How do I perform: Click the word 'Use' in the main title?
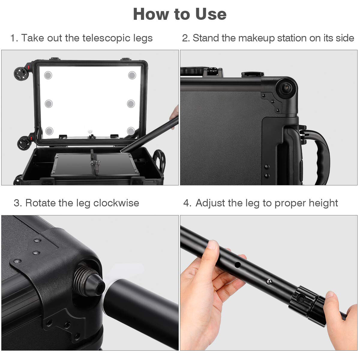pyautogui.click(x=211, y=14)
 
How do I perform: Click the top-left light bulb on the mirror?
pyautogui.click(x=48, y=75)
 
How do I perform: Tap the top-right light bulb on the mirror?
pyautogui.click(x=132, y=75)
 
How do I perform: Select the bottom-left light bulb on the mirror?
pyautogui.click(x=49, y=131)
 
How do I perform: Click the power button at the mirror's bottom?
pyautogui.click(x=90, y=132)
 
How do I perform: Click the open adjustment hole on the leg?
pyautogui.click(x=238, y=265)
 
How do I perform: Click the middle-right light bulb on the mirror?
pyautogui.click(x=131, y=104)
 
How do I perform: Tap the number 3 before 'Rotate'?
pyautogui.click(x=17, y=203)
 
